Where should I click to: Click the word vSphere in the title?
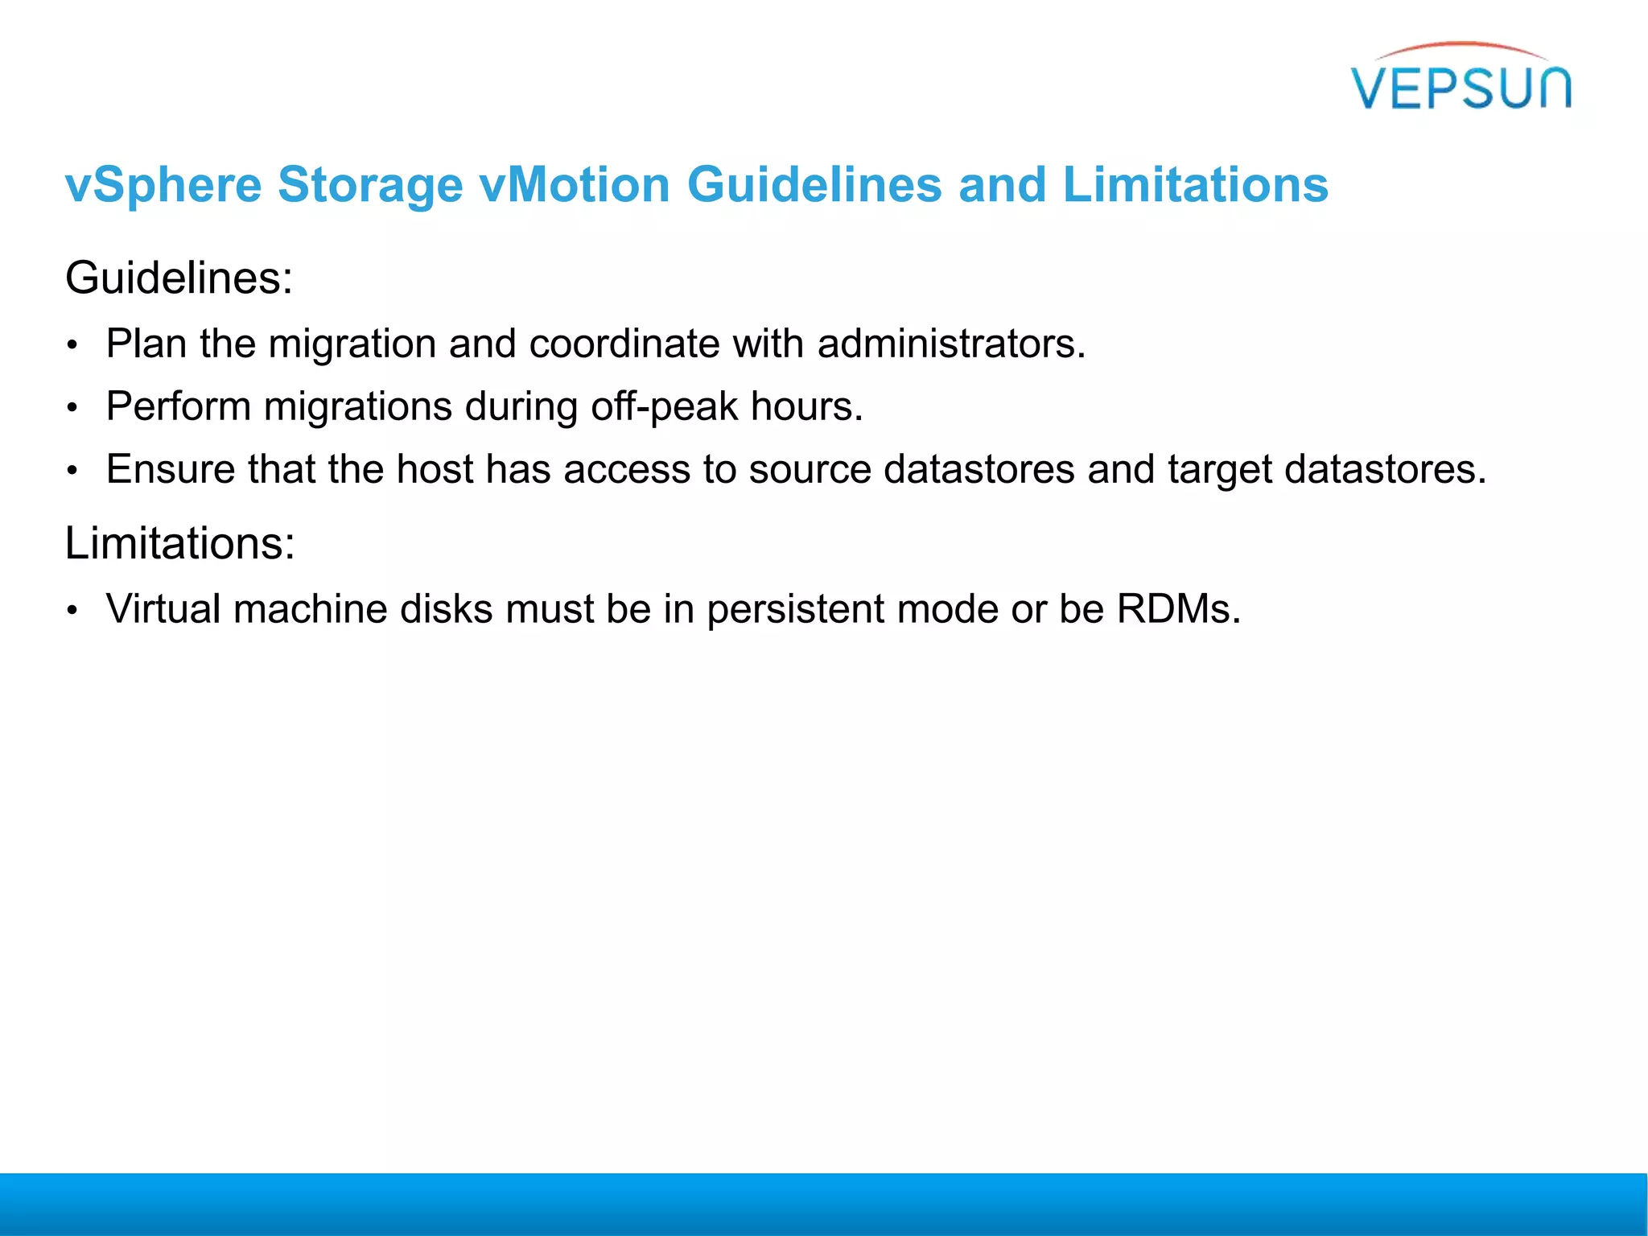pyautogui.click(x=163, y=185)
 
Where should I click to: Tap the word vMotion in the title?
pyautogui.click(x=575, y=185)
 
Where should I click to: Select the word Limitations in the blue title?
pyautogui.click(x=1195, y=185)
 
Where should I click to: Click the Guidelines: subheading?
pyautogui.click(x=179, y=278)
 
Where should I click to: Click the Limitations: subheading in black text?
pyautogui.click(x=179, y=543)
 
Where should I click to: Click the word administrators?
pyautogui.click(x=951, y=344)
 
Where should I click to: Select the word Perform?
pyautogui.click(x=179, y=406)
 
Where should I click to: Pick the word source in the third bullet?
pyautogui.click(x=810, y=469)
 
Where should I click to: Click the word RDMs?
pyautogui.click(x=1178, y=608)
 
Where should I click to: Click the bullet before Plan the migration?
pyautogui.click(x=72, y=346)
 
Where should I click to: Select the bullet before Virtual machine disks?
pyautogui.click(x=72, y=611)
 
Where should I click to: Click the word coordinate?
pyautogui.click(x=624, y=344)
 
